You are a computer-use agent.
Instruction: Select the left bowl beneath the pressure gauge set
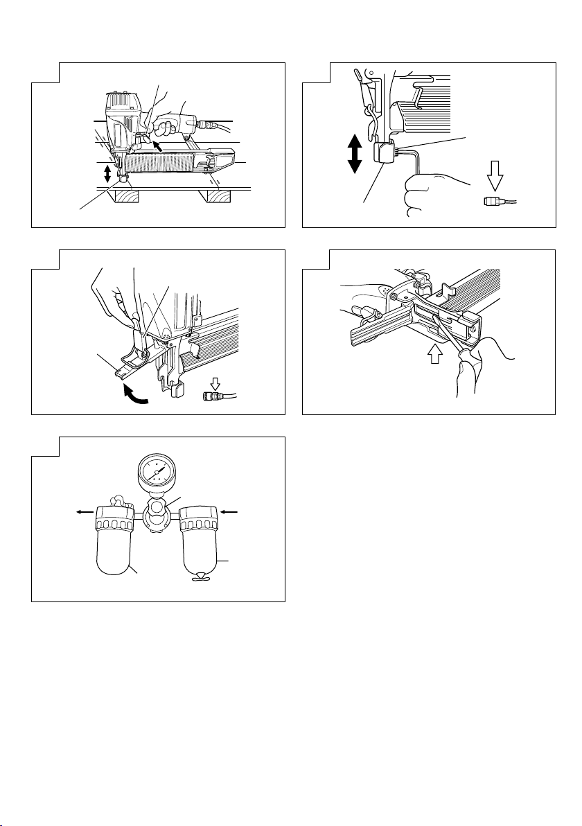click(117, 547)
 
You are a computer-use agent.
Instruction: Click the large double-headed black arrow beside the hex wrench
click(354, 154)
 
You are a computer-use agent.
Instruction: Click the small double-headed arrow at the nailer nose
click(107, 174)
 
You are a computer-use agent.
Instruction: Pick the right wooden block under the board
click(219, 196)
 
